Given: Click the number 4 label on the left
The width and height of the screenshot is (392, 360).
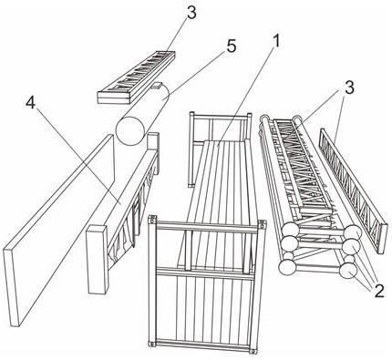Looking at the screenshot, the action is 31,103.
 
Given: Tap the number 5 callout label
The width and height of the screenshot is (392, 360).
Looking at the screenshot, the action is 232,46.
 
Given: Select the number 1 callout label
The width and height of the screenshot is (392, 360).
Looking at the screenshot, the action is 275,41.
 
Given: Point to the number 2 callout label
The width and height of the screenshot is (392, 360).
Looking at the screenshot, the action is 379,291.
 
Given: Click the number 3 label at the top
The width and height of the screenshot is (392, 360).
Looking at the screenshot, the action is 191,13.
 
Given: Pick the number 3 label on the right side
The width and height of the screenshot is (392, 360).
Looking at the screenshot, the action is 349,87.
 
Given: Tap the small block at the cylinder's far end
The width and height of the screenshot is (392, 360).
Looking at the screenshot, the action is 157,86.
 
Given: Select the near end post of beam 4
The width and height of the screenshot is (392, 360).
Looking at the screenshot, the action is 98,259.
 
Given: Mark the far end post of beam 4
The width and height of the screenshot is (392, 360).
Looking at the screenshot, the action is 153,152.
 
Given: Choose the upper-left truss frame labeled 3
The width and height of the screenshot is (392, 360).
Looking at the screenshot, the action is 136,77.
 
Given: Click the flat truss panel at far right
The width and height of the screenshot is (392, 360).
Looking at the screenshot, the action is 354,190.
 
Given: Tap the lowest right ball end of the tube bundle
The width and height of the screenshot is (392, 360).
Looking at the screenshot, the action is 347,271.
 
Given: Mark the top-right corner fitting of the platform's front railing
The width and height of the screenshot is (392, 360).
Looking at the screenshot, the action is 262,224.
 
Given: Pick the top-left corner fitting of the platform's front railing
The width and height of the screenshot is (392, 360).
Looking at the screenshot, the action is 152,219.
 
